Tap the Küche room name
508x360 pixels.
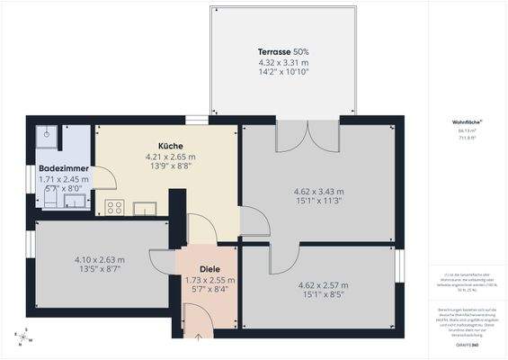171,146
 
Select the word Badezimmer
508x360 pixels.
63,168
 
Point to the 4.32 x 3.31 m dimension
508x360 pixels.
283,62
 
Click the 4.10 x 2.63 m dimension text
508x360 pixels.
99,260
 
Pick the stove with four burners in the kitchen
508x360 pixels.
114,208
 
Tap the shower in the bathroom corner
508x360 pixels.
47,135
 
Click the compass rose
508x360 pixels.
22,337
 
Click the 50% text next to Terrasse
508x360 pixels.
299,52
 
